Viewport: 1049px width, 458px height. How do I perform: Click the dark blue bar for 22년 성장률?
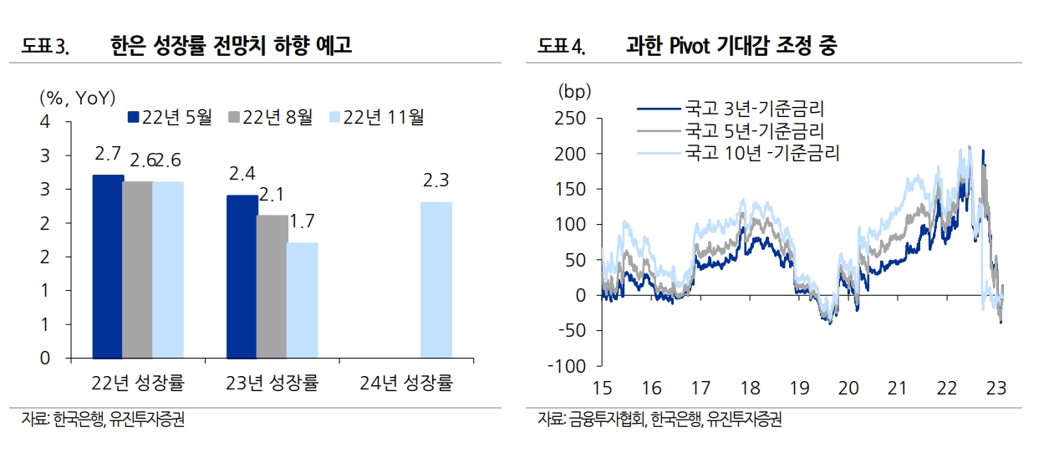point(107,267)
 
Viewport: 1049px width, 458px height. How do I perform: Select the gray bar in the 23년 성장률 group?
point(272,287)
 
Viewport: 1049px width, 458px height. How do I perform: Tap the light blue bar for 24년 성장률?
point(435,280)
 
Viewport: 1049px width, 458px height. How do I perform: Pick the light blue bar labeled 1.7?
point(302,300)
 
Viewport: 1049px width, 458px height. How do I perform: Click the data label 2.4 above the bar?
point(242,175)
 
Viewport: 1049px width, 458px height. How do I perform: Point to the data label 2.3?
point(435,181)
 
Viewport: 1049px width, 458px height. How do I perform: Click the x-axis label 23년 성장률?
point(272,384)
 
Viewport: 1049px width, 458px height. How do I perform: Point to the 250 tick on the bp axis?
point(570,119)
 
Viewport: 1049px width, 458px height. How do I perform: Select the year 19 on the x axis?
point(800,388)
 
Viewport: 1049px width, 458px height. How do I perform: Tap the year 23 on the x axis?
point(996,388)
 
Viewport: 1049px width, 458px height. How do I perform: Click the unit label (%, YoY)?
point(77,98)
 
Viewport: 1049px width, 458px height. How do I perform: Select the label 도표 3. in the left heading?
point(48,48)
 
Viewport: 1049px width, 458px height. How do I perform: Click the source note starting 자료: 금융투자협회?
point(659,420)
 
